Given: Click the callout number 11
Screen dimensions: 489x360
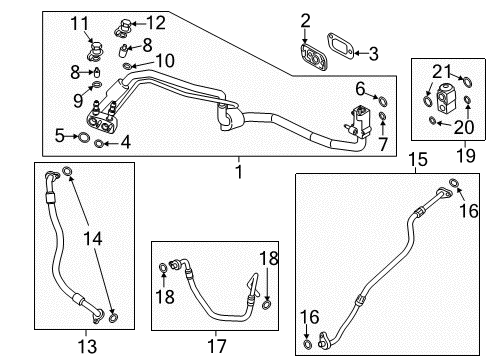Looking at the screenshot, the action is pos(80,24).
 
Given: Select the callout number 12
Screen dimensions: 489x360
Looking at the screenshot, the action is pos(156,23).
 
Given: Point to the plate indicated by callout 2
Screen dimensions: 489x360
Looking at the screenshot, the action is pos(314,57).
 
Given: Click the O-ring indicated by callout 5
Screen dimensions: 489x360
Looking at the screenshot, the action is pos(84,137).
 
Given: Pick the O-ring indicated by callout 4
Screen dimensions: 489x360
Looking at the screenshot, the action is pos(99,144).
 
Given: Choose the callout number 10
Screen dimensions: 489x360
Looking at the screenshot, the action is pos(165,61).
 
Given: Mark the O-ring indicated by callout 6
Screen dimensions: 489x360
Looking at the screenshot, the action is pos(383,100).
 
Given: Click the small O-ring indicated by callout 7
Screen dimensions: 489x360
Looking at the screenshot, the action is pos(383,116).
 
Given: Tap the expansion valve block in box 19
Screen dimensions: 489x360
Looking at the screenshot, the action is pos(445,97).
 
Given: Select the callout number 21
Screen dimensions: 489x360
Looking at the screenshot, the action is pos(442,71).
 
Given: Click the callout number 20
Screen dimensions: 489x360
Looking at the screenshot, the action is pos(464,127).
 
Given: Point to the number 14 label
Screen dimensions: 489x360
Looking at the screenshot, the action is pos(92,239).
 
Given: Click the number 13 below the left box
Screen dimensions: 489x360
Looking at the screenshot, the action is pos(87,346).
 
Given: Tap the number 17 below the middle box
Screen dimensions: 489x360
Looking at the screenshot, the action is pos(217,346).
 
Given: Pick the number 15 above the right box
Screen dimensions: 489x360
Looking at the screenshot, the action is pos(418,159).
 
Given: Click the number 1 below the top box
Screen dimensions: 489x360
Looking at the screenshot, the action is pos(239,172).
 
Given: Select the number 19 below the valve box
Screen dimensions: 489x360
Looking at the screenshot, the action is pos(466,155).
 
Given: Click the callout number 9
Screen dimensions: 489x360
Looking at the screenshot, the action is pos(78,100).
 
